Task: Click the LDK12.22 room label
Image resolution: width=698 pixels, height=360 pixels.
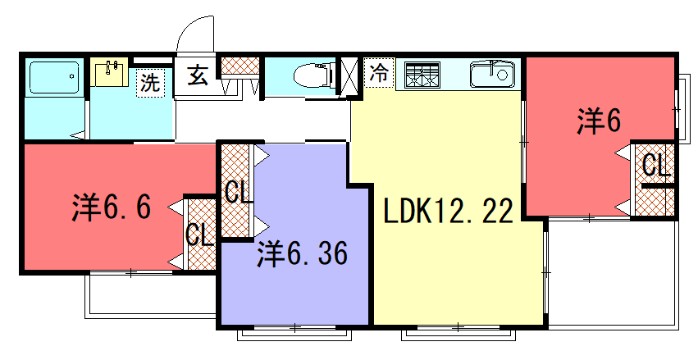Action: pos(449,211)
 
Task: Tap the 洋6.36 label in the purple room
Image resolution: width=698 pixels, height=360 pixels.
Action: pos(303,253)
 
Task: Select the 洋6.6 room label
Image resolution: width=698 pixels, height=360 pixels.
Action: pos(112,207)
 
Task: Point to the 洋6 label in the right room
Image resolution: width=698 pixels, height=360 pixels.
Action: pos(599,121)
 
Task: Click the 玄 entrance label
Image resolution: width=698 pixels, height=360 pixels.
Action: pos(197,75)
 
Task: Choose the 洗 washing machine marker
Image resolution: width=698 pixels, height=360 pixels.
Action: pos(150,82)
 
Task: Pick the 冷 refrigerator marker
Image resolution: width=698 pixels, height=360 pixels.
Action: pos(379,72)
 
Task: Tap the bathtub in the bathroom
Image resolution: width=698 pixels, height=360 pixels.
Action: pos(54,77)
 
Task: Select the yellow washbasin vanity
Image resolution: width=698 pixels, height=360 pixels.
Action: pos(109,71)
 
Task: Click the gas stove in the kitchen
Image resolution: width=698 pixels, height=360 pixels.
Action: pos(422,75)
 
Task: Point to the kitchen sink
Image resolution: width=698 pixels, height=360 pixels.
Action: pos(492,75)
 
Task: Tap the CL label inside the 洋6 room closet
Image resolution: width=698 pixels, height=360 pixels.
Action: pos(655,165)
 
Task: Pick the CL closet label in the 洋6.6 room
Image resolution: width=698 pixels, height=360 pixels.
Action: pos(199,234)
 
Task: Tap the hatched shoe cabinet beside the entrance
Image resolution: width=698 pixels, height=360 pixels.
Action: pos(240,66)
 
